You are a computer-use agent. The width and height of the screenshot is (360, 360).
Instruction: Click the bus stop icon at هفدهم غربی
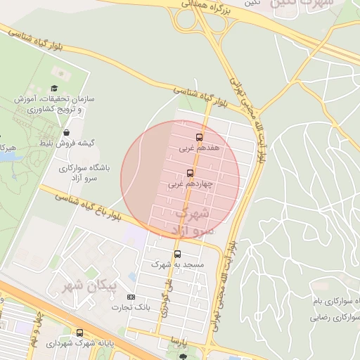pos(199,137)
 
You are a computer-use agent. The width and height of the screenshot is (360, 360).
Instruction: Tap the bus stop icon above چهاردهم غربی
pos(190,174)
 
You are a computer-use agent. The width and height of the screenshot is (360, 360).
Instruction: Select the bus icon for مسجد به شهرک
pos(177,255)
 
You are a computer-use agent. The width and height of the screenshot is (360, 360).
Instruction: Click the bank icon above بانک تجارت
pos(131,297)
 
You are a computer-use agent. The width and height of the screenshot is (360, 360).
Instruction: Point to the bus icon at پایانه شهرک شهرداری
pos(79,333)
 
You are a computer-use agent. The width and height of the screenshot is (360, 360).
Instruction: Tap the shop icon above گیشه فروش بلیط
pos(66,132)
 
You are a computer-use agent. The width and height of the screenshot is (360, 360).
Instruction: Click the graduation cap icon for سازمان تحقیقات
pos(53,88)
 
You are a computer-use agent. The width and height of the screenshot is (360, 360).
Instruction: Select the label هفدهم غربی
pos(199,149)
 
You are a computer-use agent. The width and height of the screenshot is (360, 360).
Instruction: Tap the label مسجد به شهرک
pos(177,266)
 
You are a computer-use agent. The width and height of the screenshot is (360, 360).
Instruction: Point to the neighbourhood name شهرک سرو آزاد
pos(193,219)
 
